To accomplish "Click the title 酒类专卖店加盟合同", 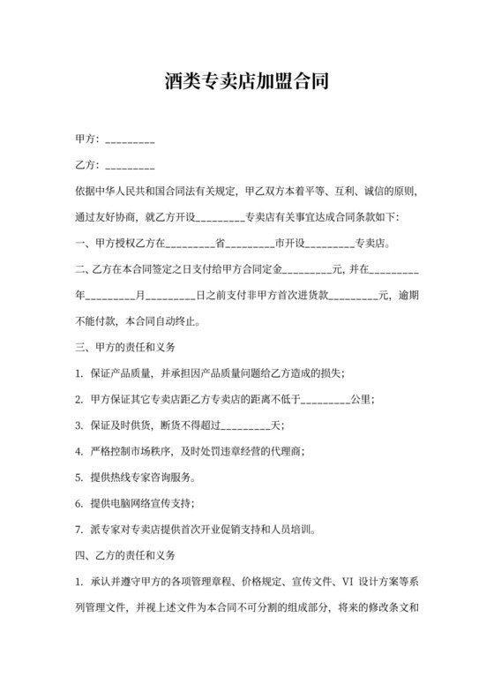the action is (x=247, y=83).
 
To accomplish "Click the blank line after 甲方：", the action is (x=131, y=140).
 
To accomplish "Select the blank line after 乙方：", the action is (x=131, y=166).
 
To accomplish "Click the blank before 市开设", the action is (x=250, y=243).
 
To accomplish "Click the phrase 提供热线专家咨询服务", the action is (x=142, y=478).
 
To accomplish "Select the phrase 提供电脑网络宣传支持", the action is (x=142, y=503).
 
